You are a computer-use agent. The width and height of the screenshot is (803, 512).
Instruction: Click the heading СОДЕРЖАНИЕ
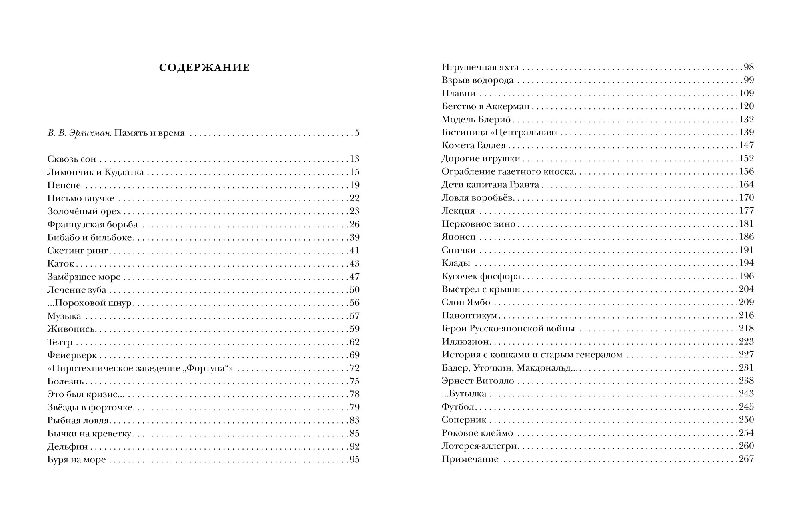pos(204,68)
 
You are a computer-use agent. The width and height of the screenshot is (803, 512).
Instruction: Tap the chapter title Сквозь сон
pos(72,159)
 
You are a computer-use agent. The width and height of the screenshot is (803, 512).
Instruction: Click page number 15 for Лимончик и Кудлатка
pos(354,172)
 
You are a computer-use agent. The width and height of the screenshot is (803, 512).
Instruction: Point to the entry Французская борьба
pos(92,225)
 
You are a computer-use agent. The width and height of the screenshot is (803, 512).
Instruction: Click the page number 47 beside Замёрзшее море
pos(354,277)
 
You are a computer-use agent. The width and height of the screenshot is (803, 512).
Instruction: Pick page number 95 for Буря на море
pos(354,460)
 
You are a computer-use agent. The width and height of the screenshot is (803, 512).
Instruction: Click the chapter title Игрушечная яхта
pos(480,68)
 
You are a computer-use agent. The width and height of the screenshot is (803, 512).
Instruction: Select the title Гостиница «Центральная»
pos(499,133)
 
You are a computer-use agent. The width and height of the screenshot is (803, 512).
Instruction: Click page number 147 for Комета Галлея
pos(746,145)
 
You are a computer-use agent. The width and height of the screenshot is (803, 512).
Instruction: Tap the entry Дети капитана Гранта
pos(490,185)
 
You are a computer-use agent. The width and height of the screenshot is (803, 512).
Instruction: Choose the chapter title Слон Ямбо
pos(466,303)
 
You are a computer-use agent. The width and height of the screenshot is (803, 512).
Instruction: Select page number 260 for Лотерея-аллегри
pos(746,446)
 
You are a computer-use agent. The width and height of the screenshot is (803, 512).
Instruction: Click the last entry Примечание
pos(470,459)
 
